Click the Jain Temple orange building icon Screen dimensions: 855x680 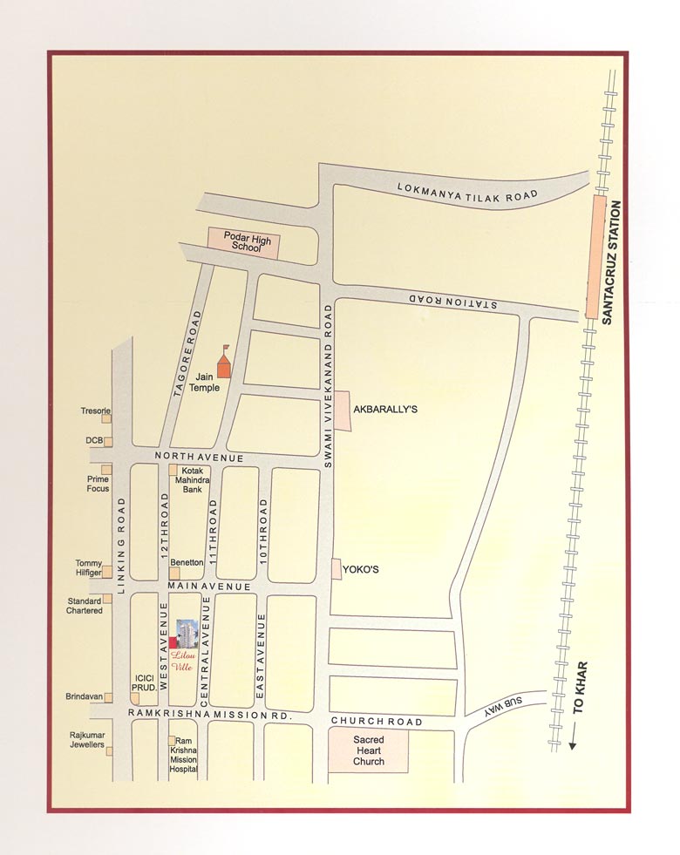(x=225, y=363)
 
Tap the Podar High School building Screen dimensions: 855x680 (x=244, y=242)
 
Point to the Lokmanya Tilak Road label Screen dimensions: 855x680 (x=468, y=193)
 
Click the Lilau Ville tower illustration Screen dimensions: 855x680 (x=186, y=634)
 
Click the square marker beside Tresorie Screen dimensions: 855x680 (x=108, y=417)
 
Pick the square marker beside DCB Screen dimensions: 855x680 (x=108, y=441)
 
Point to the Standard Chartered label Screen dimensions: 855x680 (x=85, y=605)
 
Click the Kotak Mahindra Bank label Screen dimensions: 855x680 (x=193, y=480)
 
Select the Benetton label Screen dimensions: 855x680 (x=187, y=563)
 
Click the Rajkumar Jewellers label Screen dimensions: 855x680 (x=87, y=740)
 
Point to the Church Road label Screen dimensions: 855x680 (x=377, y=722)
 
